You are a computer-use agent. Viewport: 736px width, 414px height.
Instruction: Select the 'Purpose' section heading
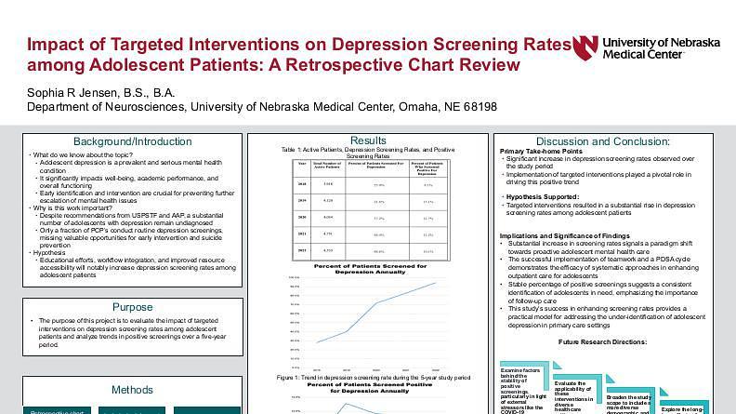click(x=133, y=307)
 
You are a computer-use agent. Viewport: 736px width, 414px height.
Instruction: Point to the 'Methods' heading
click(x=133, y=390)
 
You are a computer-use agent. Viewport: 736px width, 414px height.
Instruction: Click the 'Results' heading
click(x=369, y=140)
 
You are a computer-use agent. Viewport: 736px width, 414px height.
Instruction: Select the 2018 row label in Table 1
click(x=301, y=184)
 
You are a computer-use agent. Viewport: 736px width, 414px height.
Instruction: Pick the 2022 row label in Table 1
click(x=301, y=250)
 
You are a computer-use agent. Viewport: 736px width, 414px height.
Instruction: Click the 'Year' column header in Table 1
click(x=301, y=165)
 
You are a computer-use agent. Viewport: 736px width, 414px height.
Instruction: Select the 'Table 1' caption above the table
click(x=369, y=152)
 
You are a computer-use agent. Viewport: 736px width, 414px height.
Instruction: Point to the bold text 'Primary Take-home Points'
click(x=541, y=151)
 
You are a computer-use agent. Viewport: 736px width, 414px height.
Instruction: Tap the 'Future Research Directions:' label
click(x=615, y=342)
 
